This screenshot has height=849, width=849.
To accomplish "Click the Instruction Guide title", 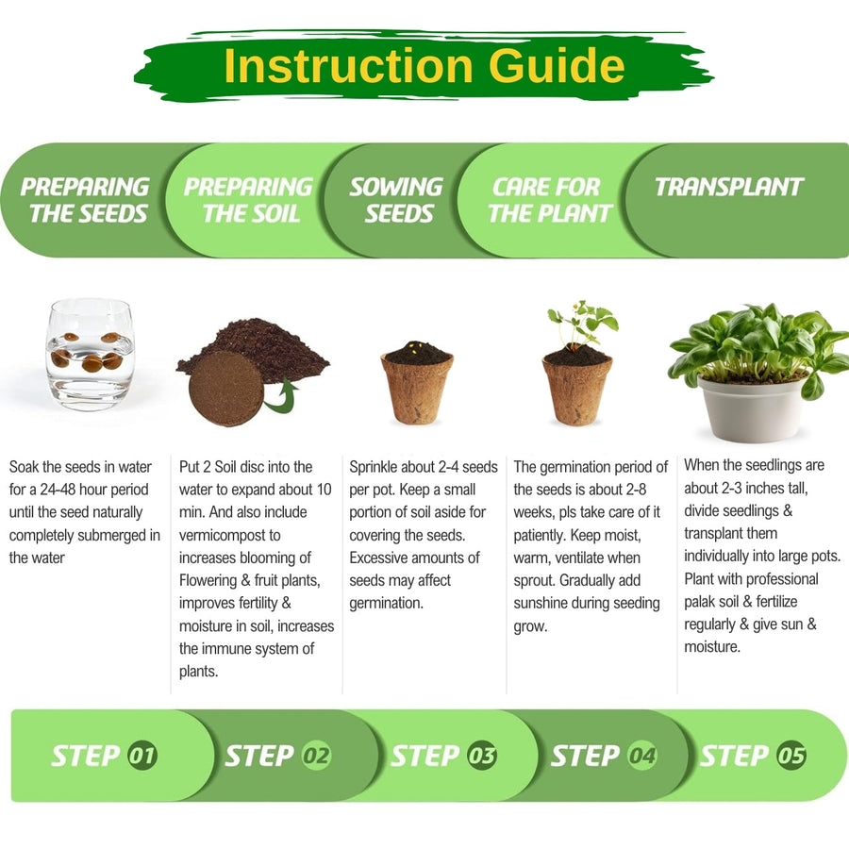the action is coord(424,65).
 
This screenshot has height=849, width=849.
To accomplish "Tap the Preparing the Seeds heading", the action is coord(86,200).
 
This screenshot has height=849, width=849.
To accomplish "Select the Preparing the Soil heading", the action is coord(249,200).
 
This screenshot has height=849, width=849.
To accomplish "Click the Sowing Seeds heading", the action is coord(397,200).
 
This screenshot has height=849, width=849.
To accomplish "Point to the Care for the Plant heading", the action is coord(550,200).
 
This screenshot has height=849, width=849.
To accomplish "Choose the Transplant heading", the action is coord(729,187).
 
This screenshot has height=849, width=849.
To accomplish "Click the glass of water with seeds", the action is coord(90,354).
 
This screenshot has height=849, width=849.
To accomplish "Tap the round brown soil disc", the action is coord(226,388).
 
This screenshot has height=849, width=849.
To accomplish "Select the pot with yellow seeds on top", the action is coord(417,382).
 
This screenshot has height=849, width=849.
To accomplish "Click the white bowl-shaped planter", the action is coord(752,408).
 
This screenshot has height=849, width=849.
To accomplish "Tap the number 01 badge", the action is coord(142,756).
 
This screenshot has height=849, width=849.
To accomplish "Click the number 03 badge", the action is coord(482,756).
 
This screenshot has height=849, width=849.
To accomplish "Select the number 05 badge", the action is coord(791,756).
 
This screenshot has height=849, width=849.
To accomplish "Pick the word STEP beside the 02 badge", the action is coord(259,756).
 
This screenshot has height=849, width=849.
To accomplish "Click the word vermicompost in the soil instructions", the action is coord(229,535).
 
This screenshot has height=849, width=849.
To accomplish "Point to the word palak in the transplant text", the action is coord(702,602).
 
